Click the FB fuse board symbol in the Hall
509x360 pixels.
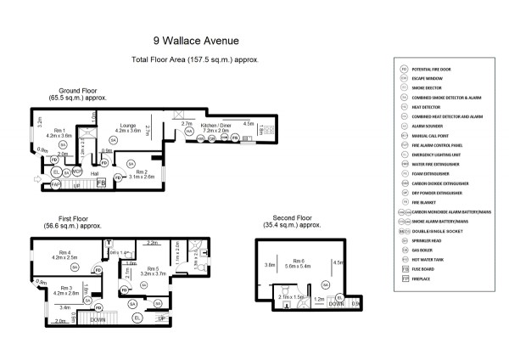pos(100,183)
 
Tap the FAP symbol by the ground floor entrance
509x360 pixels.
pos(55,183)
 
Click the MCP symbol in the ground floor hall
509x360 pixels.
pos(76,172)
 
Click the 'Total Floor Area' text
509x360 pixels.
pos(194,60)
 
